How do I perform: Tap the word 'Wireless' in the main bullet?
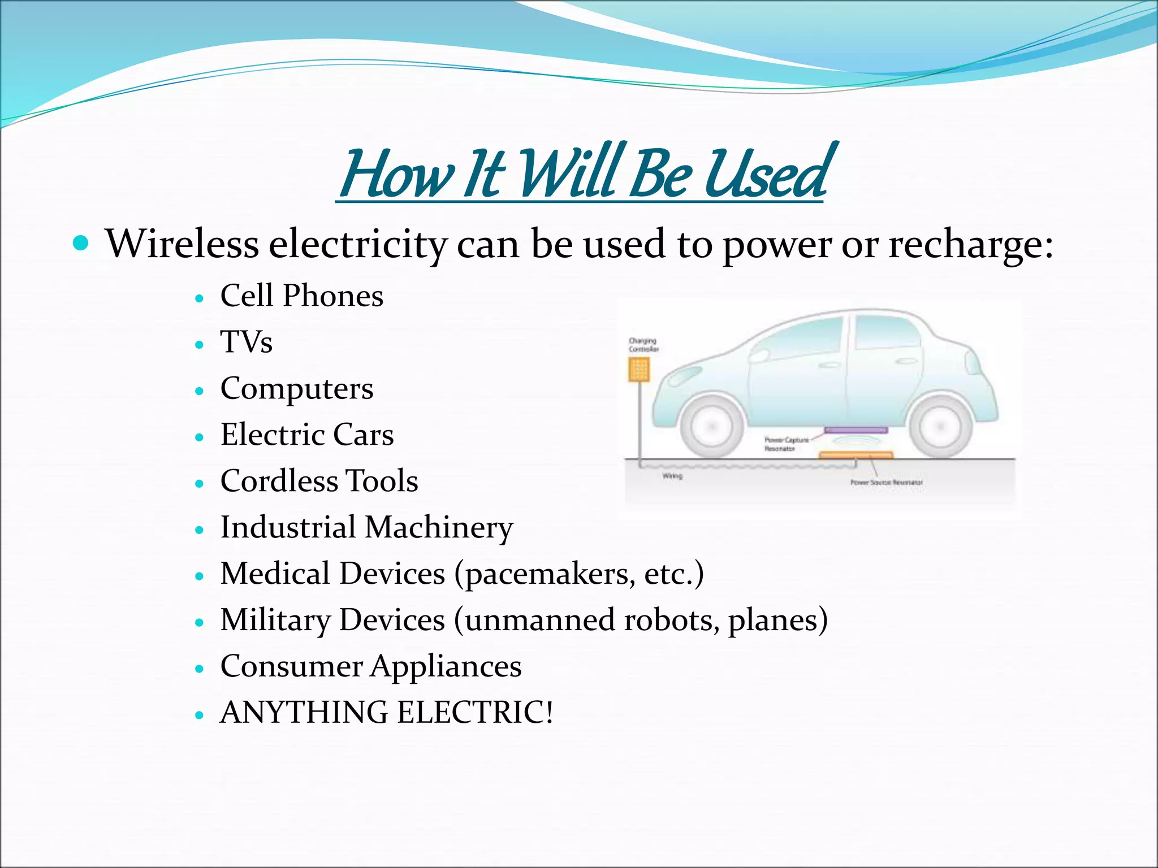[x=182, y=244]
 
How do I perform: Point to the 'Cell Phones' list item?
[x=301, y=296]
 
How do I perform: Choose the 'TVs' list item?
[x=246, y=342]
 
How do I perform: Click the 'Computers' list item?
[x=296, y=389]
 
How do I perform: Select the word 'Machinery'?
[x=439, y=528]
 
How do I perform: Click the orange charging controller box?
[x=639, y=370]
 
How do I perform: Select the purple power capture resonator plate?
[x=855, y=431]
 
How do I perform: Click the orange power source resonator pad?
[x=855, y=455]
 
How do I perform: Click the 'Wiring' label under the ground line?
[x=672, y=476]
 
